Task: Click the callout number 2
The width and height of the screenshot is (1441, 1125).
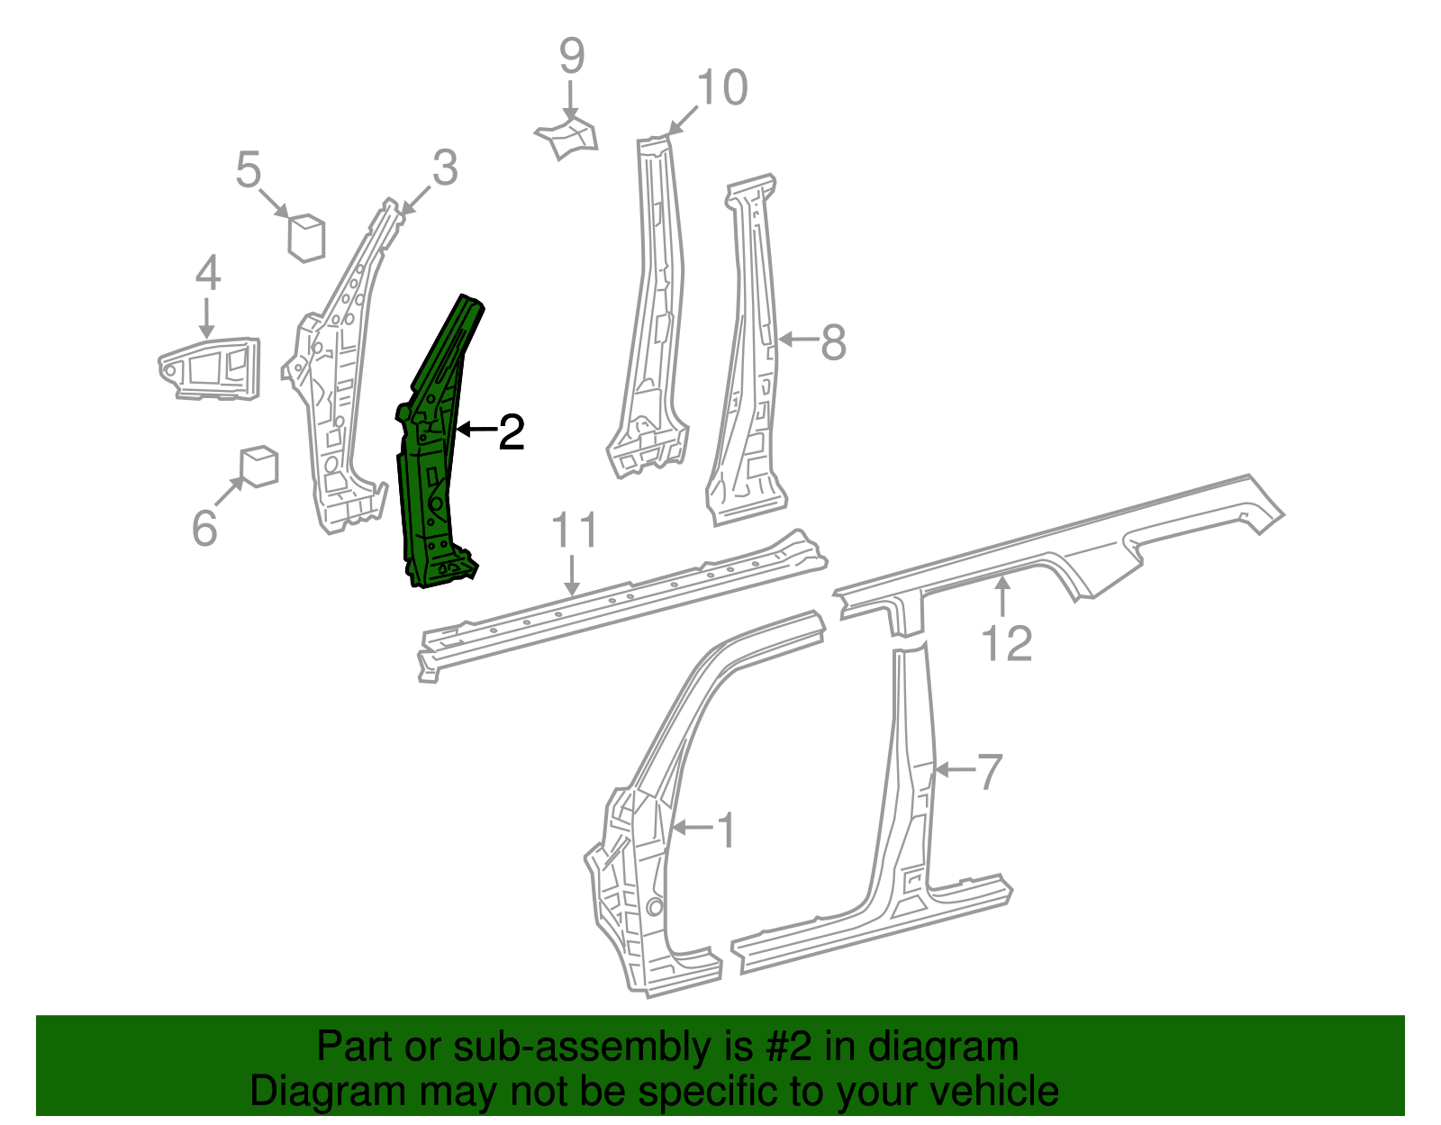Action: (x=511, y=433)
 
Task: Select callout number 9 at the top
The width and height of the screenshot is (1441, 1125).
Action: (x=572, y=56)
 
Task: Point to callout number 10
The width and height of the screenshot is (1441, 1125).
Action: (x=722, y=88)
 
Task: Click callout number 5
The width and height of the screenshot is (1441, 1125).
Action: (x=249, y=169)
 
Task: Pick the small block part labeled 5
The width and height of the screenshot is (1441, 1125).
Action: (x=306, y=237)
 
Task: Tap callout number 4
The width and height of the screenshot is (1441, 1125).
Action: (x=208, y=273)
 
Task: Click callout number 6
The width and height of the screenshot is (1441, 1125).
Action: (x=204, y=528)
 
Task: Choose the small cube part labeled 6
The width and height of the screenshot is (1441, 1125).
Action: (x=259, y=466)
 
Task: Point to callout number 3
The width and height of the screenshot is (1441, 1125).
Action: (x=445, y=168)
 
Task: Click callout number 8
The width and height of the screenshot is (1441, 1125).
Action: (x=833, y=342)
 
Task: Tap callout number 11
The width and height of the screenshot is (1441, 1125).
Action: (x=575, y=531)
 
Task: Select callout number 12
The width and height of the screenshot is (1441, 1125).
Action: (x=1006, y=644)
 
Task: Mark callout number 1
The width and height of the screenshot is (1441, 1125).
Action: (x=725, y=830)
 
